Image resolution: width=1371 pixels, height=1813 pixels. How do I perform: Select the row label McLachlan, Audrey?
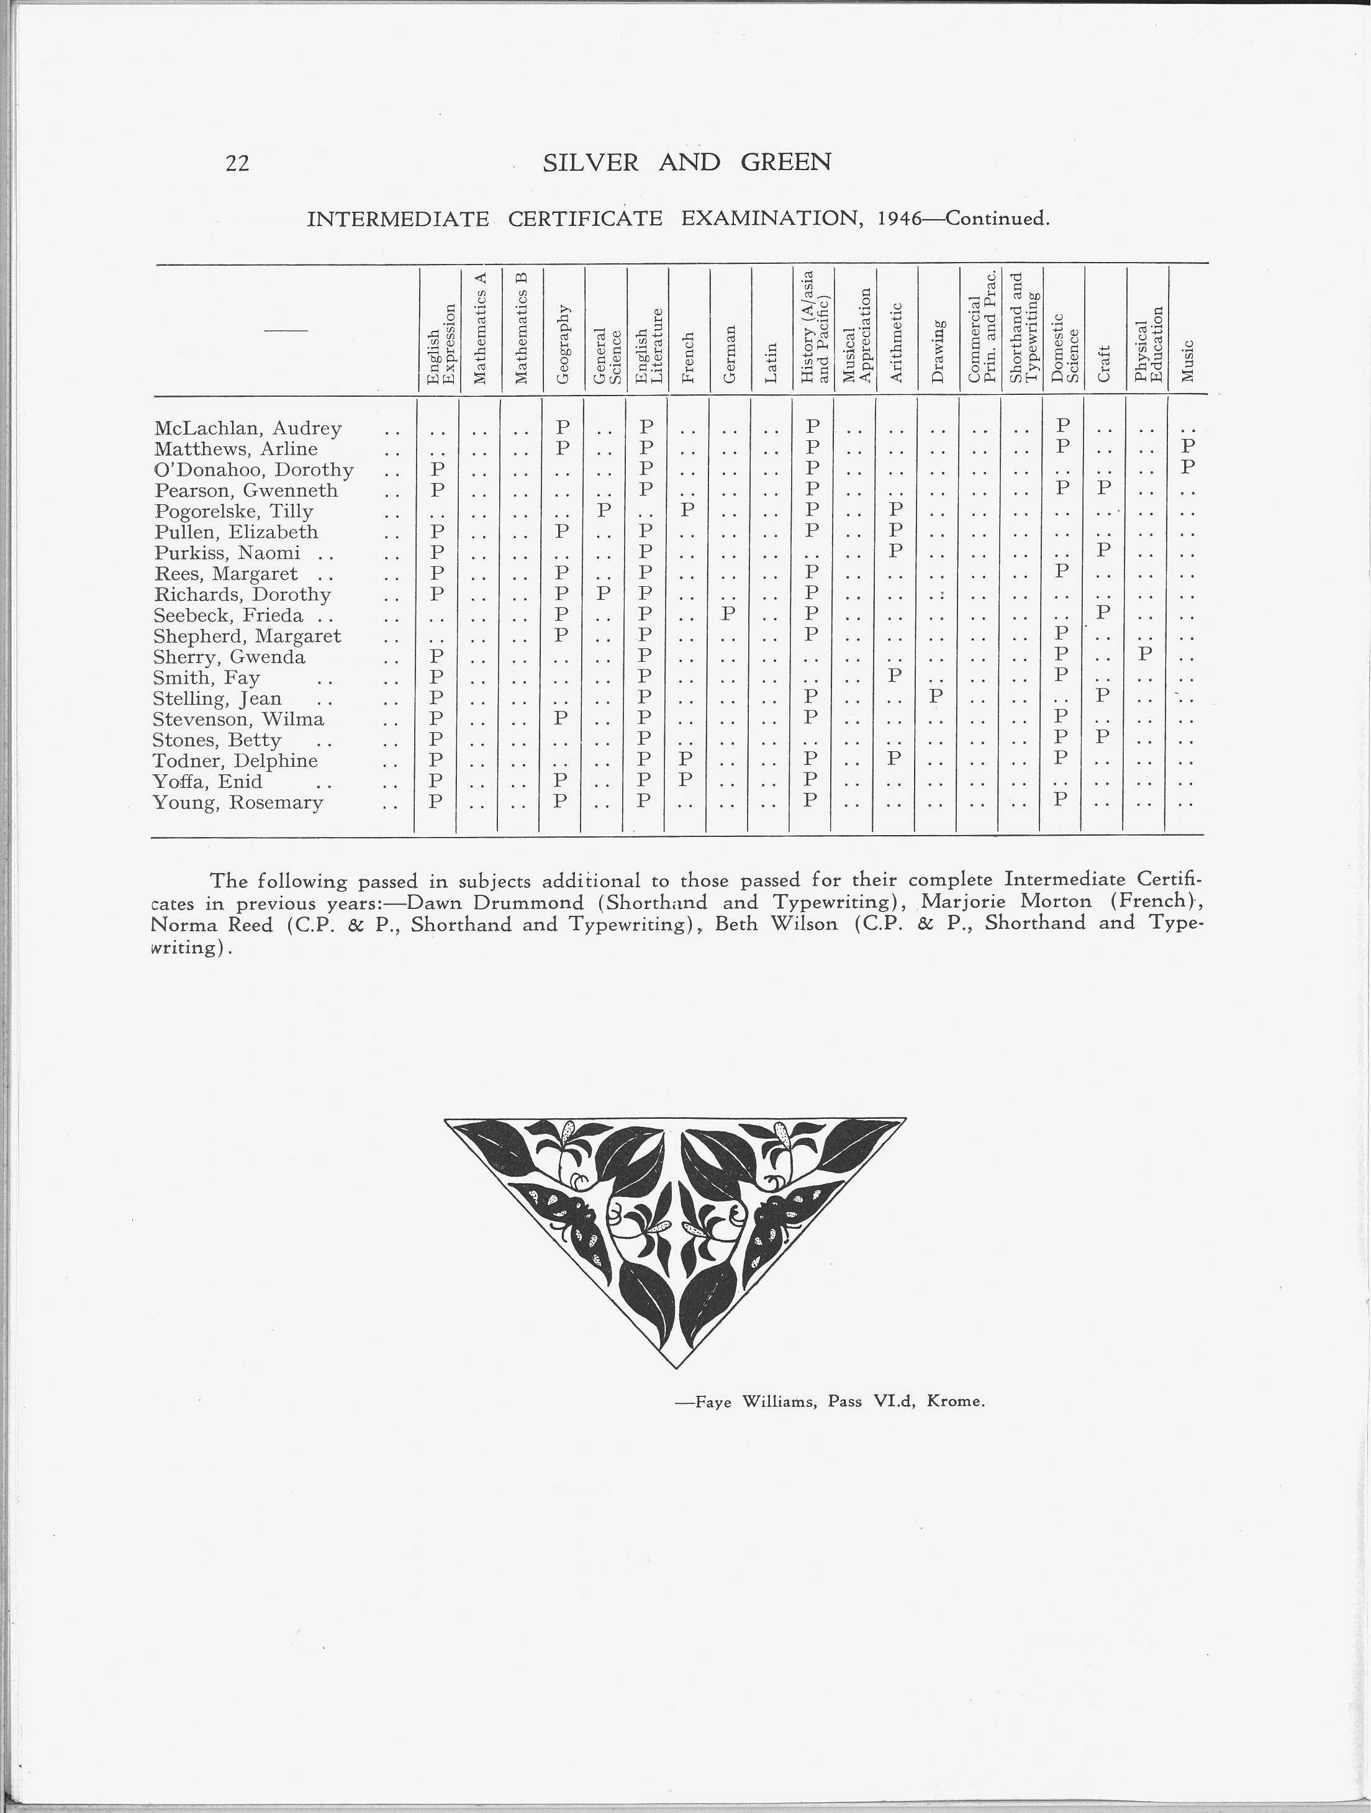[248, 428]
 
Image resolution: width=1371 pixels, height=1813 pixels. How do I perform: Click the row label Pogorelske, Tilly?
[233, 512]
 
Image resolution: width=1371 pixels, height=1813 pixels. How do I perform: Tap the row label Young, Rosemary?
[238, 802]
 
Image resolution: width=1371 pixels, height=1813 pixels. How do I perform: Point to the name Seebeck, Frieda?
[228, 615]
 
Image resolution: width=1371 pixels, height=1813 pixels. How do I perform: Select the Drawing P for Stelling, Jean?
[937, 697]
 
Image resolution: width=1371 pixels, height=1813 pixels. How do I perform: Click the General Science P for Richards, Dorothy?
[603, 592]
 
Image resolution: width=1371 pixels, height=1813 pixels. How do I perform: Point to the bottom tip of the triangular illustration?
[676, 1367]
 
